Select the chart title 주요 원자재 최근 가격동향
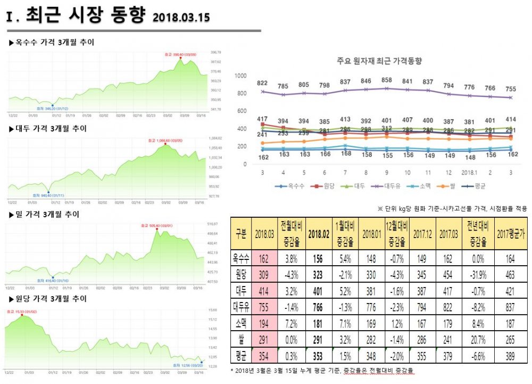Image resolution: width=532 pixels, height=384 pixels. (x=379, y=61)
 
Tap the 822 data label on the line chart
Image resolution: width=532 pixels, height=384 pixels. (x=262, y=84)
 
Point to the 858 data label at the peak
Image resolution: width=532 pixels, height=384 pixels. (x=387, y=79)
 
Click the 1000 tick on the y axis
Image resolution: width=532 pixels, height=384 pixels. (x=240, y=76)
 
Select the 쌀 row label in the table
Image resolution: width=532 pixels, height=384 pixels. (x=240, y=340)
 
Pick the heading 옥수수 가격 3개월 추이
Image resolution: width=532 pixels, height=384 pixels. (x=54, y=42)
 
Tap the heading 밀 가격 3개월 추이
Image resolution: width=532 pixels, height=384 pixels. (x=47, y=214)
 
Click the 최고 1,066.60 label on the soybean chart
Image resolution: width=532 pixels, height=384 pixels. (x=166, y=141)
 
